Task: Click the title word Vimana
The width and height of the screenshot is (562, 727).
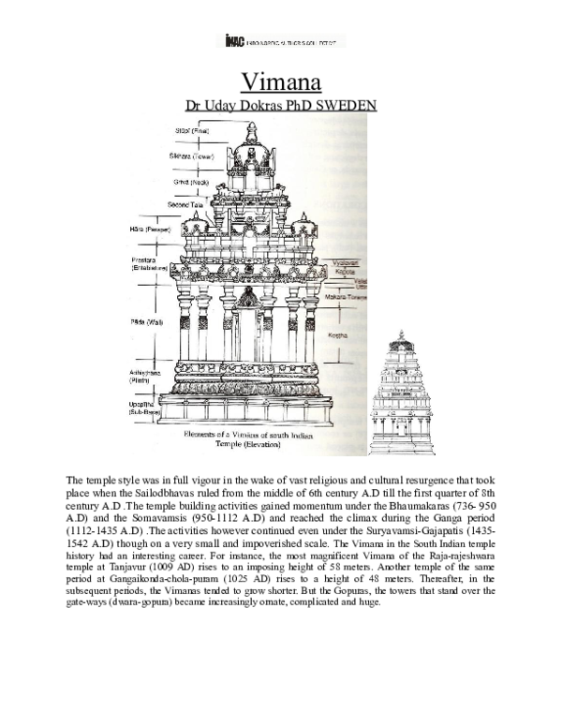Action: (281, 81)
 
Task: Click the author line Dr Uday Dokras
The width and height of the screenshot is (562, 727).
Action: (281, 105)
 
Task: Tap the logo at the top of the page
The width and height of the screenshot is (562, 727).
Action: (281, 40)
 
